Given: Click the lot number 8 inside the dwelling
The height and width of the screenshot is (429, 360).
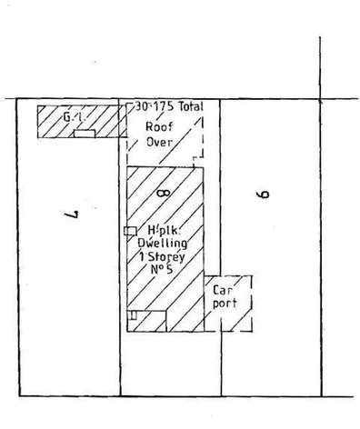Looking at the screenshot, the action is (164, 190).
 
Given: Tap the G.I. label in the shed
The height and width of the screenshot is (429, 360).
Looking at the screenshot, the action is (74, 118).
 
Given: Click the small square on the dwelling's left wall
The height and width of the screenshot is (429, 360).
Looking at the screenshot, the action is (130, 231).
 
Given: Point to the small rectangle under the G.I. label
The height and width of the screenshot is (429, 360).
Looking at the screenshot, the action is (84, 134).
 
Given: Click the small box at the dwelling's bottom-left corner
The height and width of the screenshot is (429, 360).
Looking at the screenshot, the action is (132, 315).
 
